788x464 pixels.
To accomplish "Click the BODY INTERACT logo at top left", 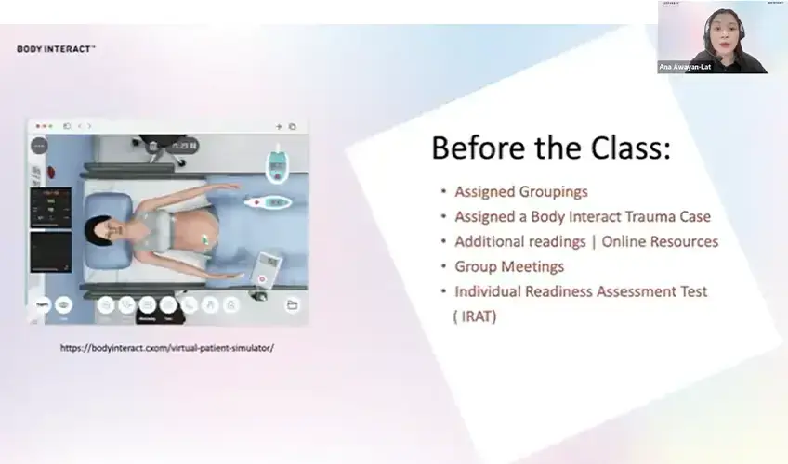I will [56, 48].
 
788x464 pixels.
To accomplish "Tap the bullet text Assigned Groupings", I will [520, 191].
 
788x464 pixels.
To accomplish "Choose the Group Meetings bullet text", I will [508, 266].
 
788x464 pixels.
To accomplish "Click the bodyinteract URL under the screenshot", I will [167, 348].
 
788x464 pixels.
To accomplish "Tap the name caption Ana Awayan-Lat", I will [685, 67].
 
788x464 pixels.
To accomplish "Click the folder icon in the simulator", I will [292, 304].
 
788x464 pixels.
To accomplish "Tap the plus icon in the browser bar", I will [279, 126].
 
